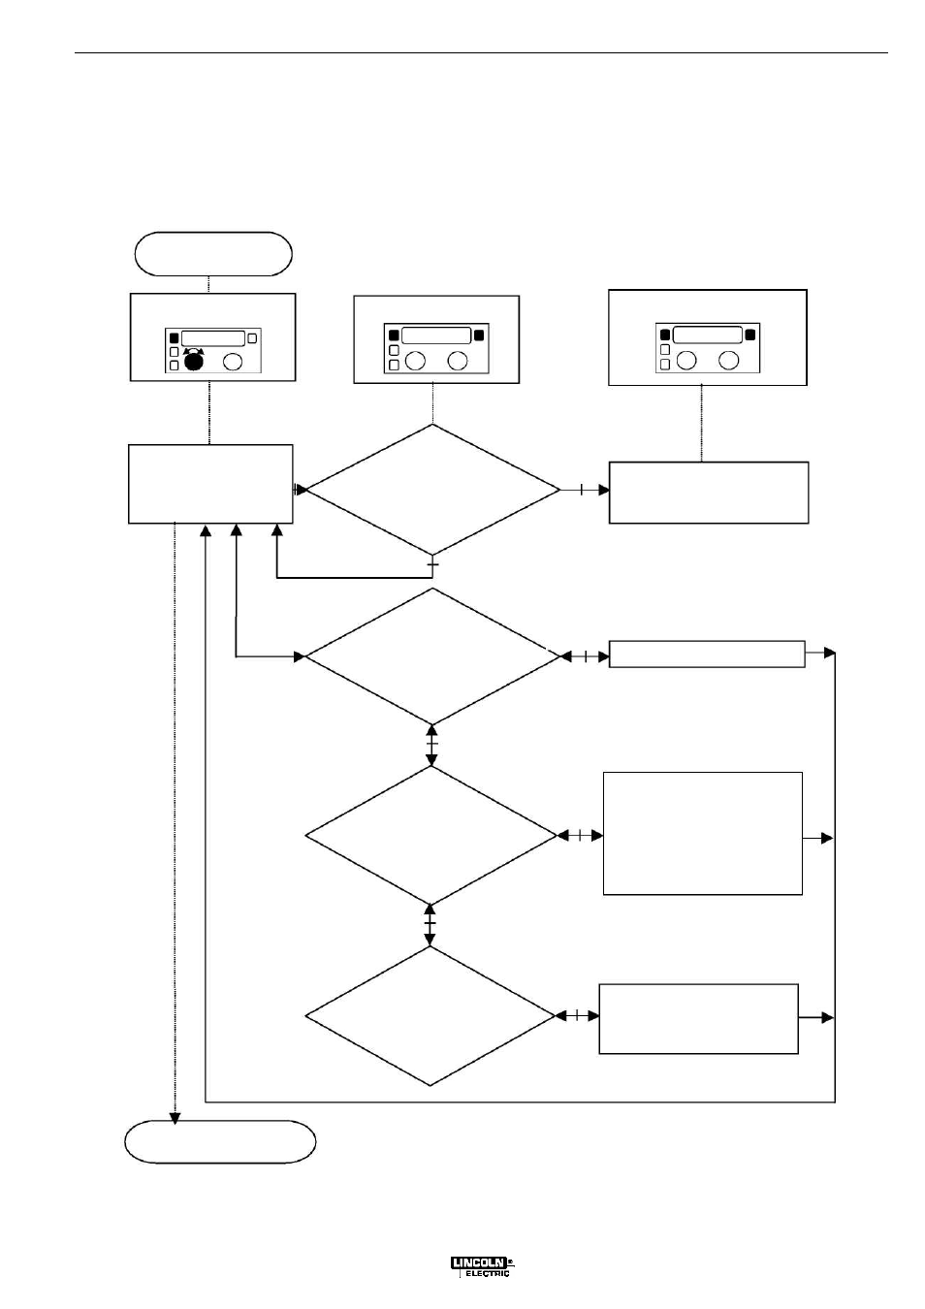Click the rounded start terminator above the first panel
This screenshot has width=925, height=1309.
[x=213, y=254]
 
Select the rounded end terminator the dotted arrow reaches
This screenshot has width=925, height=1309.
[x=220, y=1142]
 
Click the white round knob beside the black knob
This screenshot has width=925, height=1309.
[x=233, y=362]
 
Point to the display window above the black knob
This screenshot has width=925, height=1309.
[x=213, y=338]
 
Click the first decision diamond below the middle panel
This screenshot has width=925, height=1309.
[x=432, y=489]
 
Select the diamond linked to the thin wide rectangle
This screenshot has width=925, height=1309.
[x=432, y=656]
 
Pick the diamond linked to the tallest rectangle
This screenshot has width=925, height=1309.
[x=431, y=836]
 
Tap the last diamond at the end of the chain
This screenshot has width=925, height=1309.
[x=431, y=1016]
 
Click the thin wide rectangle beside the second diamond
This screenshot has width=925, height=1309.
[x=707, y=654]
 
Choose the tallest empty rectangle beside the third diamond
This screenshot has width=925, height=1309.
[x=702, y=833]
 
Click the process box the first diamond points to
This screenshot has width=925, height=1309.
[x=709, y=493]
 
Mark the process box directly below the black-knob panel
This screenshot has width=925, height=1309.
[x=210, y=484]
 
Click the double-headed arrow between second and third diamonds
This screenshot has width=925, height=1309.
[x=431, y=745]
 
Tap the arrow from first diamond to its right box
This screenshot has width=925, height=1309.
[x=585, y=490]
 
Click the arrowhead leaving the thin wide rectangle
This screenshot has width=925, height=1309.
[x=830, y=653]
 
